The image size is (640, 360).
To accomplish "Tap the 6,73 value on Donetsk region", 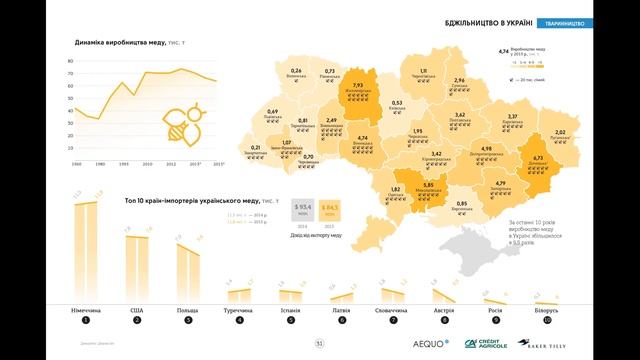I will coord(537,157).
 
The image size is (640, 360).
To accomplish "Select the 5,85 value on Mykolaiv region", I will coord(427,185).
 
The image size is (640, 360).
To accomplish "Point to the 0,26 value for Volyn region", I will coord(296,70).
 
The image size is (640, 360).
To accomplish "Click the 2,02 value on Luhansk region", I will coord(560,132).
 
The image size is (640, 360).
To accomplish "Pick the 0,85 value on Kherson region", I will coord(461,204).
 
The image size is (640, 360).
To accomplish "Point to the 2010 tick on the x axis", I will coord(147,164).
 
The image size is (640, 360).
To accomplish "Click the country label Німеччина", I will coord(85,310).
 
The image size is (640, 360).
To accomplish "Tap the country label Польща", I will coord(186,310).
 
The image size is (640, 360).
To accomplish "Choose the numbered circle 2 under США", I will coord(136,321).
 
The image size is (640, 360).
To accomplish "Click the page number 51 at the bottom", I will coord(320,344).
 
